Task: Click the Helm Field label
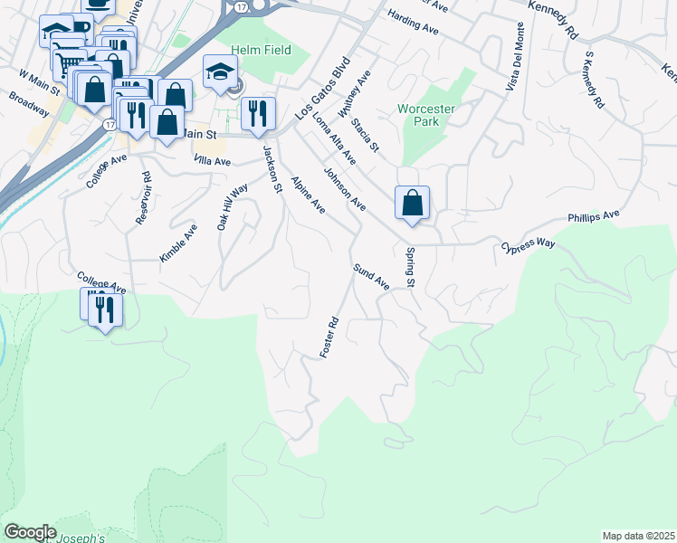point(261,50)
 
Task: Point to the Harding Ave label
point(412,24)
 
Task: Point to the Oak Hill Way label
point(232,207)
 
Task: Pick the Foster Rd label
point(329,337)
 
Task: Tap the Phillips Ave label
point(594,217)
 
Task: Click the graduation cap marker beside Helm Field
point(220,72)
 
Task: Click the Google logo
point(30,532)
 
